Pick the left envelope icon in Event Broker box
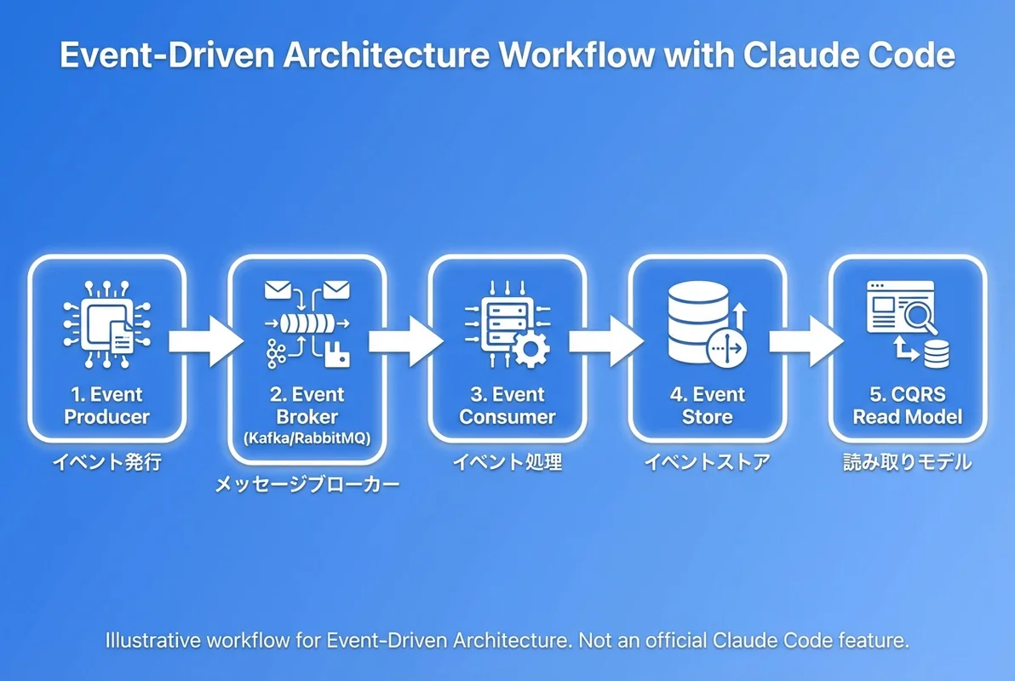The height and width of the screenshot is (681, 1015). pyautogui.click(x=278, y=291)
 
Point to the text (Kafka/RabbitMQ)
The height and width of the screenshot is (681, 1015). pyautogui.click(x=307, y=438)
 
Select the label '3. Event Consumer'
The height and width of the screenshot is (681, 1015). pyautogui.click(x=507, y=406)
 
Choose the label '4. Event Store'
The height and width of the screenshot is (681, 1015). pyautogui.click(x=707, y=406)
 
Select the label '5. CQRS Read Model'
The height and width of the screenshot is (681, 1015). pyautogui.click(x=908, y=406)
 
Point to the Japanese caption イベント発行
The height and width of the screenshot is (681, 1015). pyautogui.click(x=106, y=463)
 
